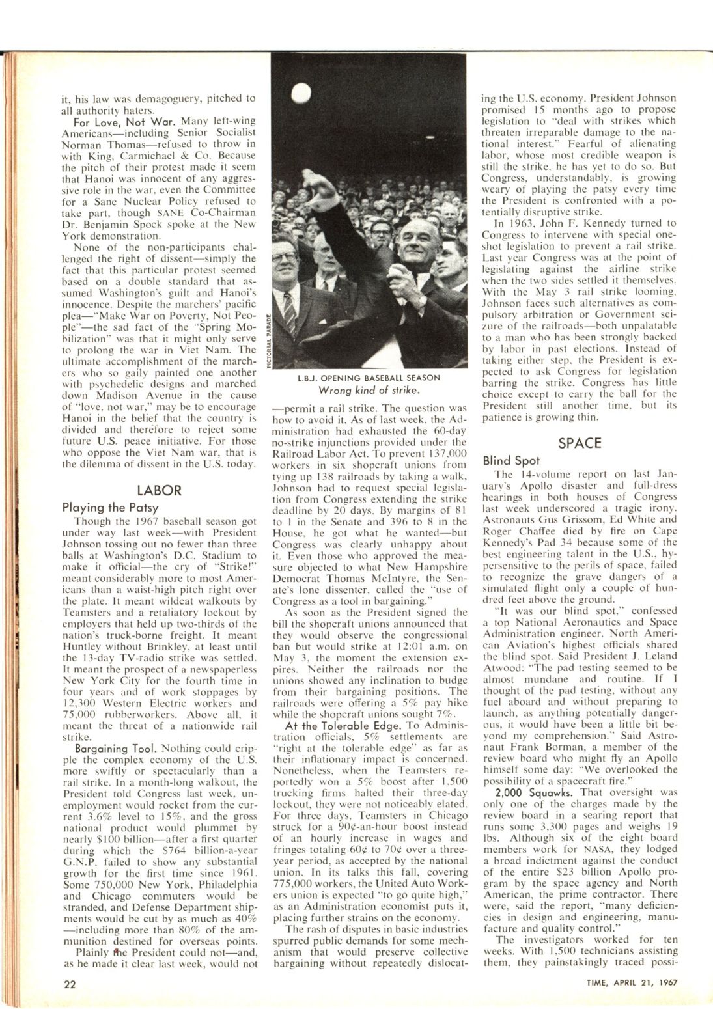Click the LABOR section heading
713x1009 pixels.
[x=159, y=490]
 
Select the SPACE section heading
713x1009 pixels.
[x=580, y=443]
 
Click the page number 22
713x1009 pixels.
[x=70, y=984]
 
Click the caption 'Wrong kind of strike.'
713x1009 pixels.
[x=368, y=391]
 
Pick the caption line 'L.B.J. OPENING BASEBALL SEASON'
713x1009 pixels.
[x=369, y=378]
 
